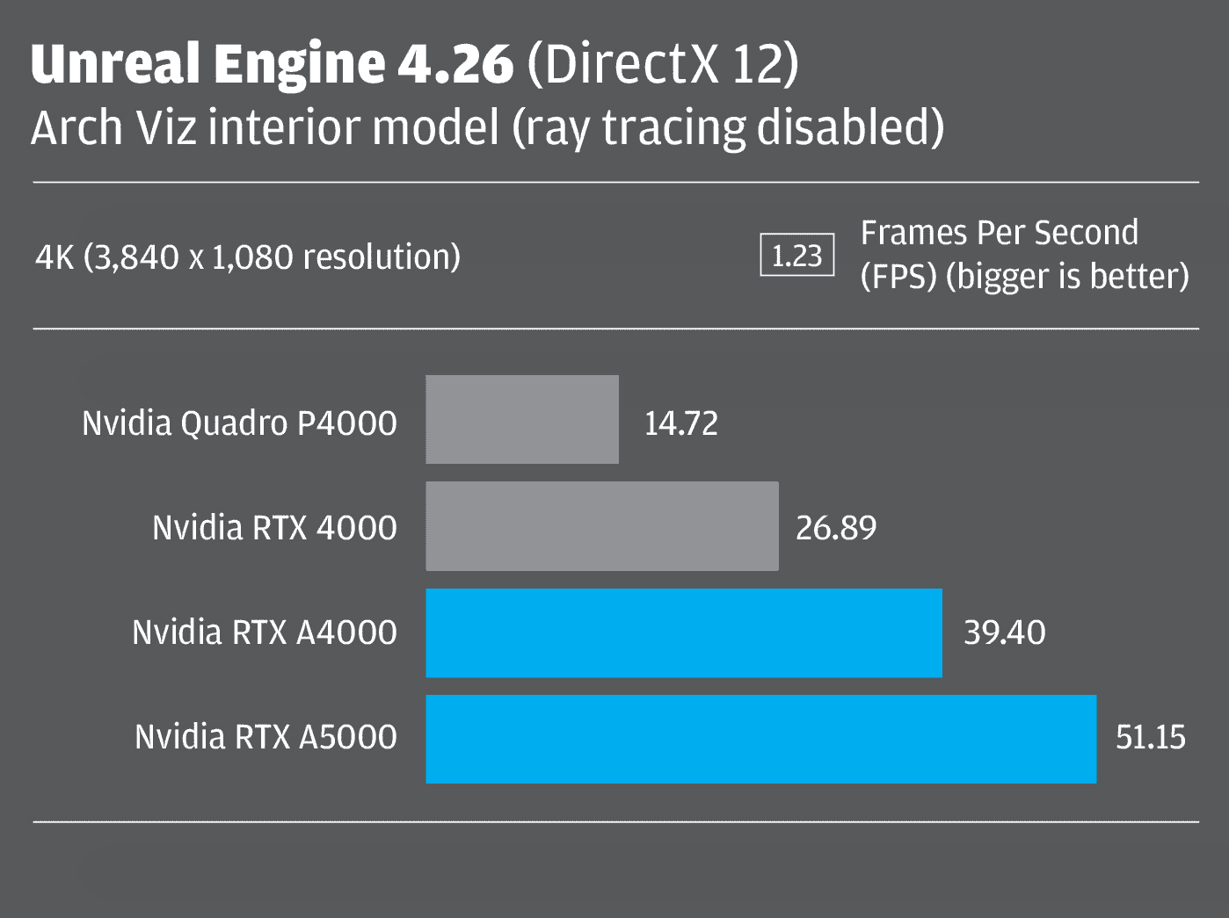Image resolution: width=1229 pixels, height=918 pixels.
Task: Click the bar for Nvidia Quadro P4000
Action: point(522,420)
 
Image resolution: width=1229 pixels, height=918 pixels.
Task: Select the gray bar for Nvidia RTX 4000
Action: point(602,526)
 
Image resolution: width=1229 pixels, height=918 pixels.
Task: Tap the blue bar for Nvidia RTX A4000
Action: point(684,632)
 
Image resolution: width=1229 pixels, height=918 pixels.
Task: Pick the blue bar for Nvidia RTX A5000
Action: point(761,739)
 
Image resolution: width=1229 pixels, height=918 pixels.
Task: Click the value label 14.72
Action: point(681,423)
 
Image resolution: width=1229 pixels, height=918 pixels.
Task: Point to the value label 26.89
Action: point(836,528)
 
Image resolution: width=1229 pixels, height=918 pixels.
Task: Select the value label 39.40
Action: point(1005,632)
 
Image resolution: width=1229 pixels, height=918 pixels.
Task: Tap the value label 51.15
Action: point(1151,737)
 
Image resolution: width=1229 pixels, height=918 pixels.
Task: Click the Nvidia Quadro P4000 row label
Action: point(239,423)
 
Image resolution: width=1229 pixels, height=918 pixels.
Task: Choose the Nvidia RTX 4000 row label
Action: point(274,528)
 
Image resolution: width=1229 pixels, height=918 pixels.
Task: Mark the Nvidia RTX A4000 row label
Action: point(265,632)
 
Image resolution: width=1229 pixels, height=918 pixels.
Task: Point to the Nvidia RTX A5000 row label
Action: point(265,737)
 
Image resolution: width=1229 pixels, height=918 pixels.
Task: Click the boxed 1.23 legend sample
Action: point(796,257)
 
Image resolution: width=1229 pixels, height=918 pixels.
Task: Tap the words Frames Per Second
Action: point(1000,233)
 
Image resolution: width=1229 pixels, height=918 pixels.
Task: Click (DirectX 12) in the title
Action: point(662,64)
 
